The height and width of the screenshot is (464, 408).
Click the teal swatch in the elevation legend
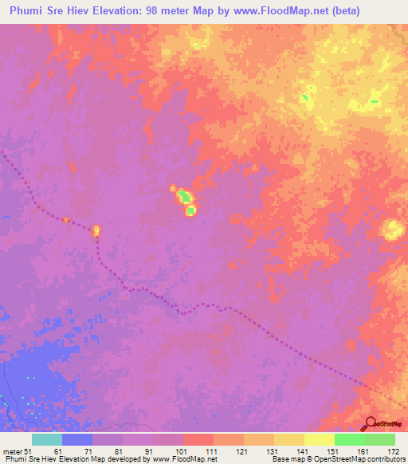coord(47,439)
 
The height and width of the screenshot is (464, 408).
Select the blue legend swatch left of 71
coord(77,439)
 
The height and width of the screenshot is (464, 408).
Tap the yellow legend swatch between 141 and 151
coord(320,439)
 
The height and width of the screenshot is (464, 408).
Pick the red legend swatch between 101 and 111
coord(198,439)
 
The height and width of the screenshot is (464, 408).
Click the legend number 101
coord(183,452)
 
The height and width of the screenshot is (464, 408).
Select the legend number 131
coord(274,452)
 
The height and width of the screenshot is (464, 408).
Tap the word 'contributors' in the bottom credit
coord(386,459)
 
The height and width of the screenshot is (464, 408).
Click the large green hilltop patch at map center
coord(183,195)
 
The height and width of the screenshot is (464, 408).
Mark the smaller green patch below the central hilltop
coord(190,210)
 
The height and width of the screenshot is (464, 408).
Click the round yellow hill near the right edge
coord(391,230)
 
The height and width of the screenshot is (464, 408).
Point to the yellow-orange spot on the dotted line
coord(96,231)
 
